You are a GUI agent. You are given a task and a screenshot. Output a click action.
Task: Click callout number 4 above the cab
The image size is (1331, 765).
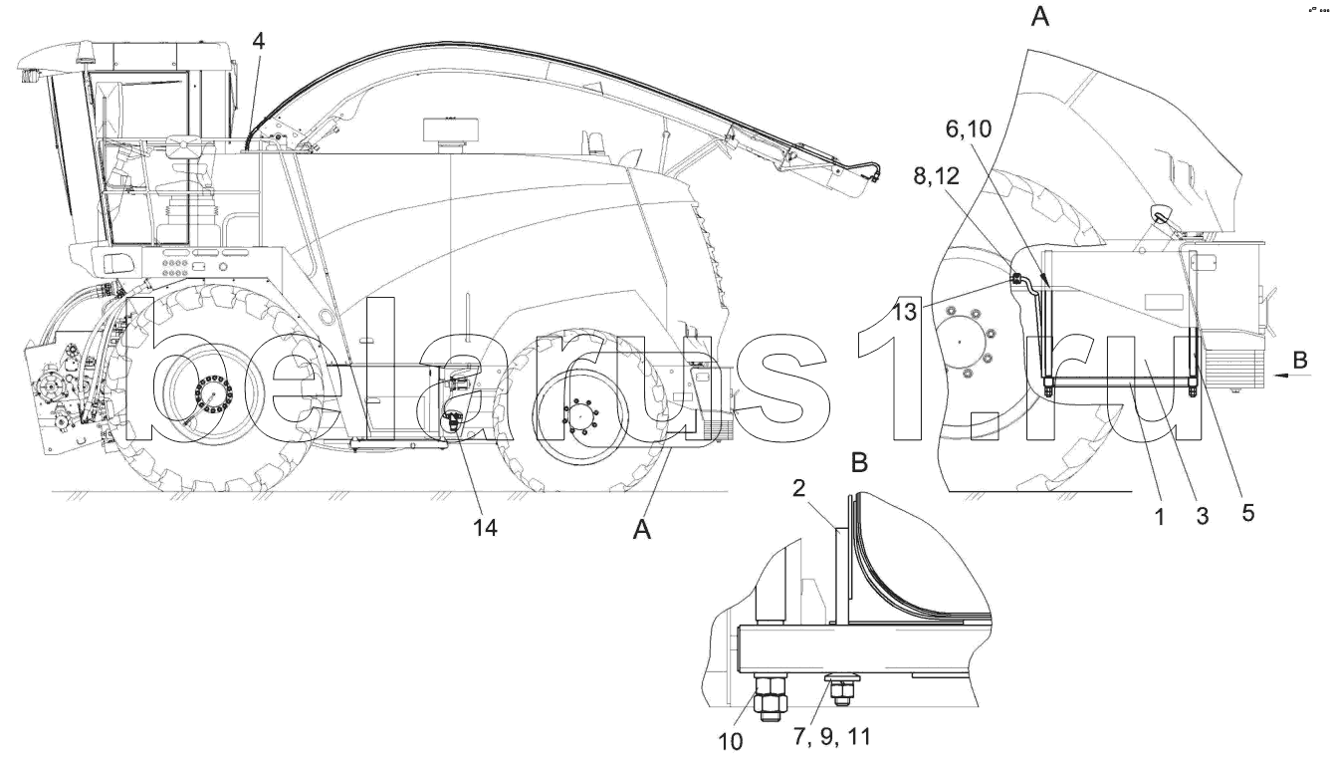click(x=258, y=41)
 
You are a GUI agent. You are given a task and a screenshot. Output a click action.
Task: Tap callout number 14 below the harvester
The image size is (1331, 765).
click(x=485, y=527)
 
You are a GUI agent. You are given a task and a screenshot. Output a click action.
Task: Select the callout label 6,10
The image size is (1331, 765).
click(x=969, y=128)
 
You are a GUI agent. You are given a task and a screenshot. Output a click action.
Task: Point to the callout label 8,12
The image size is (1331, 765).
click(x=937, y=176)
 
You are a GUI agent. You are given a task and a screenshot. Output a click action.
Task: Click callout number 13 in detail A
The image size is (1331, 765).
click(x=905, y=312)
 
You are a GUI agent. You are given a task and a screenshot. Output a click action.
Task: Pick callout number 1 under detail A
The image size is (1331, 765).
click(x=1160, y=517)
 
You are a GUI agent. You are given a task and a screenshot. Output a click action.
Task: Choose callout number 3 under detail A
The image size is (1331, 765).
click(x=1202, y=515)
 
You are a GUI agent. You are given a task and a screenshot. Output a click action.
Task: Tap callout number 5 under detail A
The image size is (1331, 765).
click(x=1247, y=512)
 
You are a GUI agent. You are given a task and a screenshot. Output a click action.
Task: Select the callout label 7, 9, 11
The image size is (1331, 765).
click(x=831, y=737)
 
